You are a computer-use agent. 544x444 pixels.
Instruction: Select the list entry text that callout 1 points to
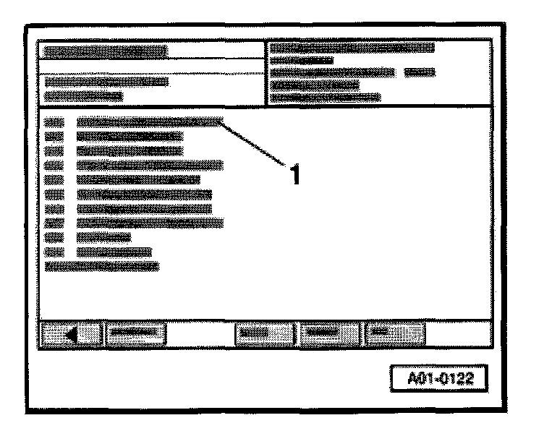149,121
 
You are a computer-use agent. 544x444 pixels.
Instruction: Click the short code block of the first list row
54,121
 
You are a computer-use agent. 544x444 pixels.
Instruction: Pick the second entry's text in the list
130,135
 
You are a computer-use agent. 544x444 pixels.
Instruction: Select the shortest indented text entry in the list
103,237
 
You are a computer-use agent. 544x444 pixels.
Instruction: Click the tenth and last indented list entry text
114,252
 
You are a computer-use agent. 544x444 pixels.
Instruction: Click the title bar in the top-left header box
106,51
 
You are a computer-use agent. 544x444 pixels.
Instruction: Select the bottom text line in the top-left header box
84,95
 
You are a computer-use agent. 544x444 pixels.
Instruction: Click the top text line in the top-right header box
352,48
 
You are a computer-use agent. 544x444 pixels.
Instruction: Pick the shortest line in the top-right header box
302,61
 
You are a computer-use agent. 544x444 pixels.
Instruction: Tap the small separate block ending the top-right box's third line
419,72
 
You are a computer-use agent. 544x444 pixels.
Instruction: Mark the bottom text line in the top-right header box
326,97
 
